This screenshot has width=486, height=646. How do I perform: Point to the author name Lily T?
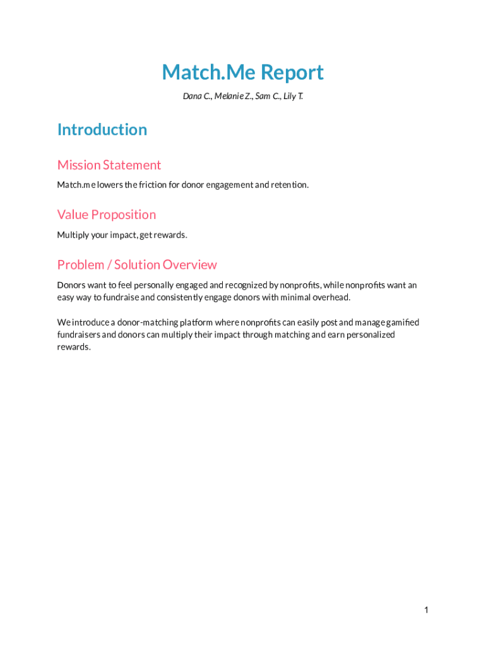tap(292, 97)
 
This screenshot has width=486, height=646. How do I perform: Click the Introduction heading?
tap(102, 129)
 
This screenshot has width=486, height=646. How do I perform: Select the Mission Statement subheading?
tap(109, 165)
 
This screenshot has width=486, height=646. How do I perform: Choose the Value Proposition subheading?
tap(107, 214)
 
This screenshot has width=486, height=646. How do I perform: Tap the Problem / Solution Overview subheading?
tap(137, 264)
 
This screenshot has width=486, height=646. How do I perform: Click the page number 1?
tap(427, 609)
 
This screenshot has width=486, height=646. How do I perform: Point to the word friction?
tap(151, 185)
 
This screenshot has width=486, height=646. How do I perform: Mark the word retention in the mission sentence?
tap(289, 185)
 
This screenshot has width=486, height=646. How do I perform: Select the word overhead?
tap(331, 297)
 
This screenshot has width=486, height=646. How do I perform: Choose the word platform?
tap(196, 322)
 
